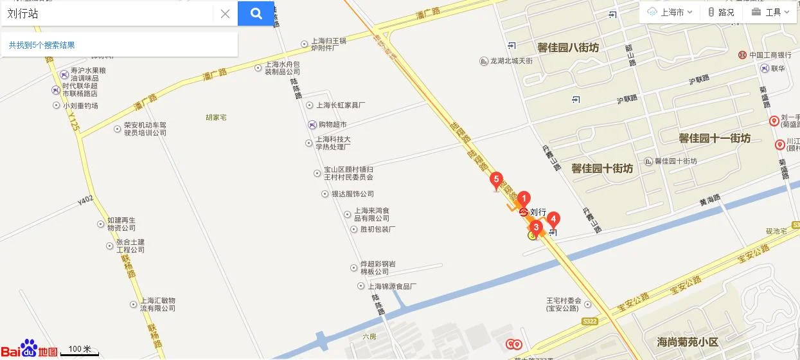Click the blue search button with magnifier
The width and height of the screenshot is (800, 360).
point(256,14)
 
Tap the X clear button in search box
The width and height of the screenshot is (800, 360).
point(225,14)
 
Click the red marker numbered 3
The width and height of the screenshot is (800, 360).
point(536,227)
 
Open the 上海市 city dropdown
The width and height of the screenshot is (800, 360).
point(670,12)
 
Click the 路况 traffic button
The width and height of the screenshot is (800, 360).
point(721,12)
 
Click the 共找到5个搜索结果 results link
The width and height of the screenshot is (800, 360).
point(42,45)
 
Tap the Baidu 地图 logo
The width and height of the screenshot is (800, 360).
point(29,349)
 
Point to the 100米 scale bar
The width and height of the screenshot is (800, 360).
point(80,350)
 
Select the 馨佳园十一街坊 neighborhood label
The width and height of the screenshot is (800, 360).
point(715,138)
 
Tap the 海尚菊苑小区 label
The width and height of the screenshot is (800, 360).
point(688,341)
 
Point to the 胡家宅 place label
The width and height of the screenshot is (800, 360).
point(217,118)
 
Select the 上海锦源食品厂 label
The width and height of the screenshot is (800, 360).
point(391,286)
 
